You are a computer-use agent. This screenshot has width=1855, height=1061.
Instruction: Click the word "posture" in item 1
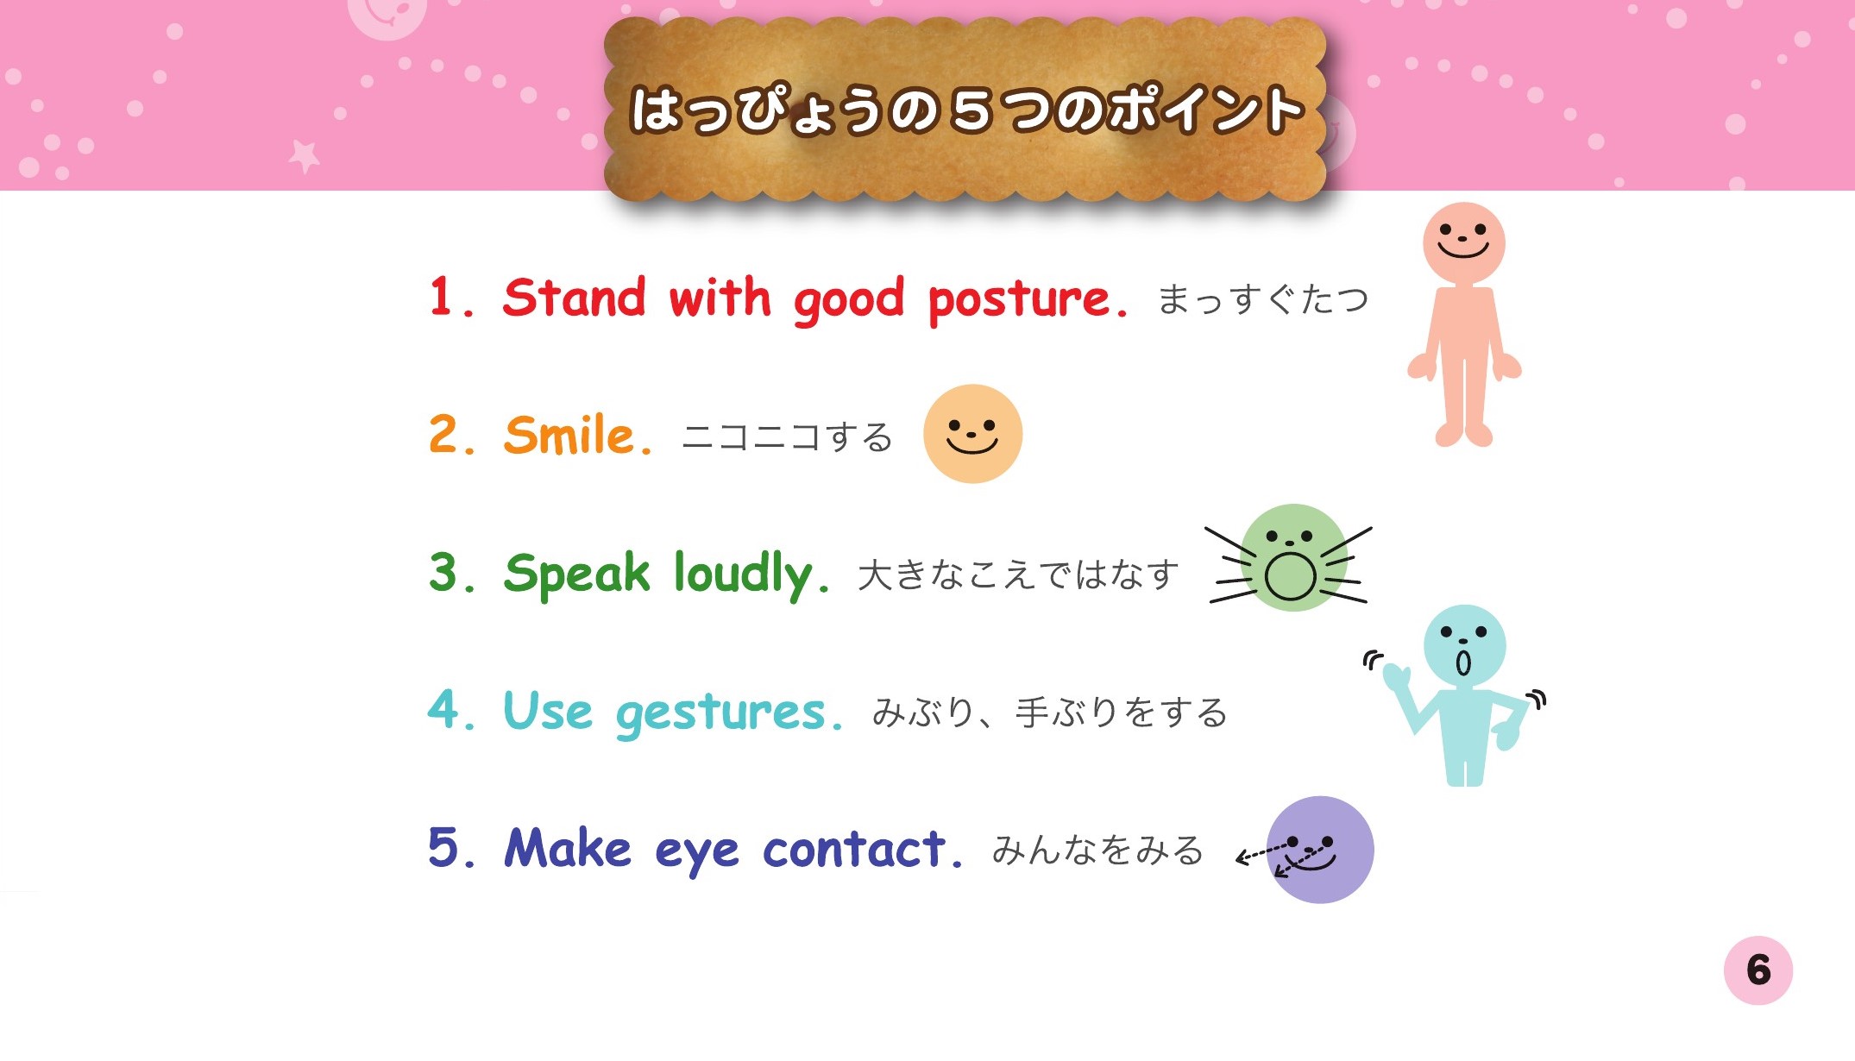[x=1018, y=300]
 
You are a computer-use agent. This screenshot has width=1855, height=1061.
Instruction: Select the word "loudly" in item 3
[x=743, y=574]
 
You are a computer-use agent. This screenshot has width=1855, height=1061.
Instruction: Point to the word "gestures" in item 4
[x=721, y=714]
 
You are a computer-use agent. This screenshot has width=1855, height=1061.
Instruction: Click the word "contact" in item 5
[x=854, y=849]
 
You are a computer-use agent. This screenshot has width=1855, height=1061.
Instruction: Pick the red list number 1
[x=441, y=297]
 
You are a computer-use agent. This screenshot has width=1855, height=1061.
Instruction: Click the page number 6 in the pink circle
[x=1758, y=970]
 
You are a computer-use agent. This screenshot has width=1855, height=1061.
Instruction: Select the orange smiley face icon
[x=972, y=434]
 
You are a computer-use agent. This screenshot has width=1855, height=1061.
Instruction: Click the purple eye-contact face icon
[x=1319, y=850]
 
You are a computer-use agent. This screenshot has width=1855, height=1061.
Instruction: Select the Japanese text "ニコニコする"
[x=787, y=437]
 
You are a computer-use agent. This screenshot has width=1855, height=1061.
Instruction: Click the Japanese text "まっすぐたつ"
[x=1262, y=299]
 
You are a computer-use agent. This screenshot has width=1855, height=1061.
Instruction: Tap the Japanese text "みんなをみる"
[x=1097, y=850]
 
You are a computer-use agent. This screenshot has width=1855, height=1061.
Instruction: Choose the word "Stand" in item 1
[x=574, y=297]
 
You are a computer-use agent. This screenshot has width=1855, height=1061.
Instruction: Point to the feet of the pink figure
[x=1464, y=434]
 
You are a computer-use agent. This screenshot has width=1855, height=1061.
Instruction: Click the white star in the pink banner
[x=304, y=156]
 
